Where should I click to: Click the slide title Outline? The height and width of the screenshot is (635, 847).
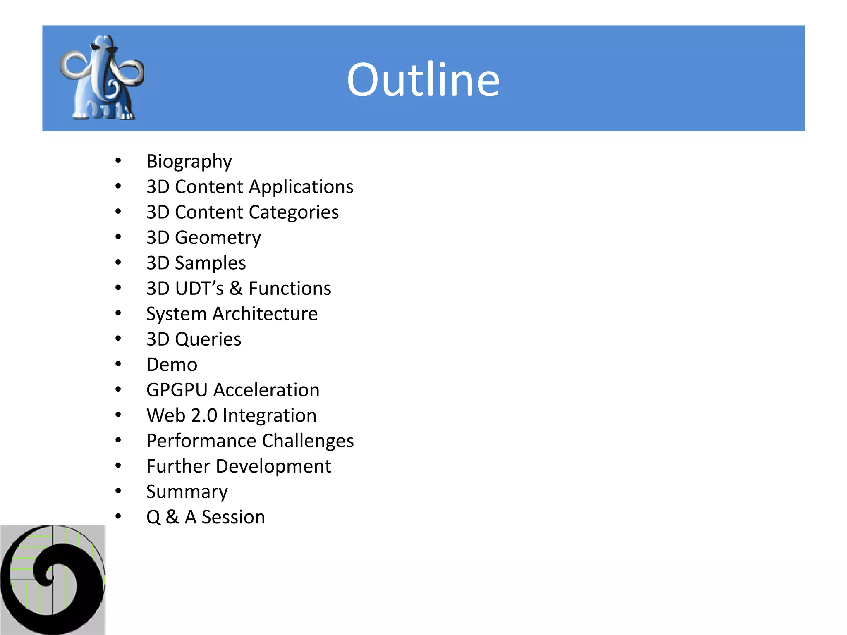point(423,79)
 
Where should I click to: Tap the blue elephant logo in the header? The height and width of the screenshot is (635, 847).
point(102,78)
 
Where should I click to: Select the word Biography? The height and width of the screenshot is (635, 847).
point(189,162)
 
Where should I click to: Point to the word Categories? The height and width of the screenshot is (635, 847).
point(294,212)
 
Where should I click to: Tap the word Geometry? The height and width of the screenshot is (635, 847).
point(218,238)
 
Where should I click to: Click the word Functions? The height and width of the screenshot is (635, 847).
point(290,289)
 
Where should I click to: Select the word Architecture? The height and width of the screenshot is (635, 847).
point(265,314)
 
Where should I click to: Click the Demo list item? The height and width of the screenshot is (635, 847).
point(172,365)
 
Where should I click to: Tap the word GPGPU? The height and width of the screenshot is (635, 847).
point(177,390)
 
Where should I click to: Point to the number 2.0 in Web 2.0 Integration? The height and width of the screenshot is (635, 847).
point(204,415)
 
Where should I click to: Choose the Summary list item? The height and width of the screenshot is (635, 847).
point(187,492)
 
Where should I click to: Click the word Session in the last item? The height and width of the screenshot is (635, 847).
point(233,517)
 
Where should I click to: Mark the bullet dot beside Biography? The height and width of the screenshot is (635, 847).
point(118,161)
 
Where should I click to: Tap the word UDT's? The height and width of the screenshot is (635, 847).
point(199,289)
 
